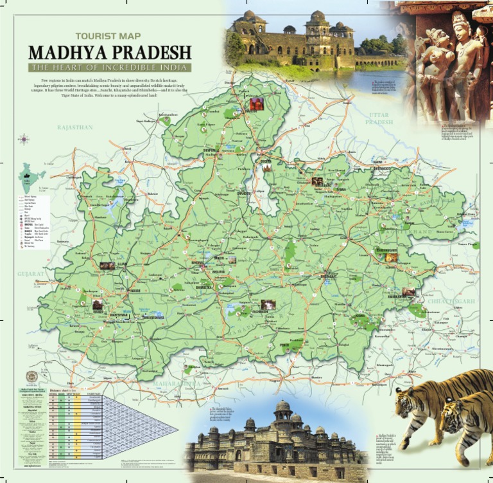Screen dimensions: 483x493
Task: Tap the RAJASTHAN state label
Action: [75, 128]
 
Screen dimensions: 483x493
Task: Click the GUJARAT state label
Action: [31, 273]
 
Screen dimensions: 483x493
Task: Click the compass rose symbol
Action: [24, 139]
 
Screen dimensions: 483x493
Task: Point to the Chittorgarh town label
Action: [74, 177]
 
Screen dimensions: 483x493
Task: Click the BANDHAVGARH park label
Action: [386, 250]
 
